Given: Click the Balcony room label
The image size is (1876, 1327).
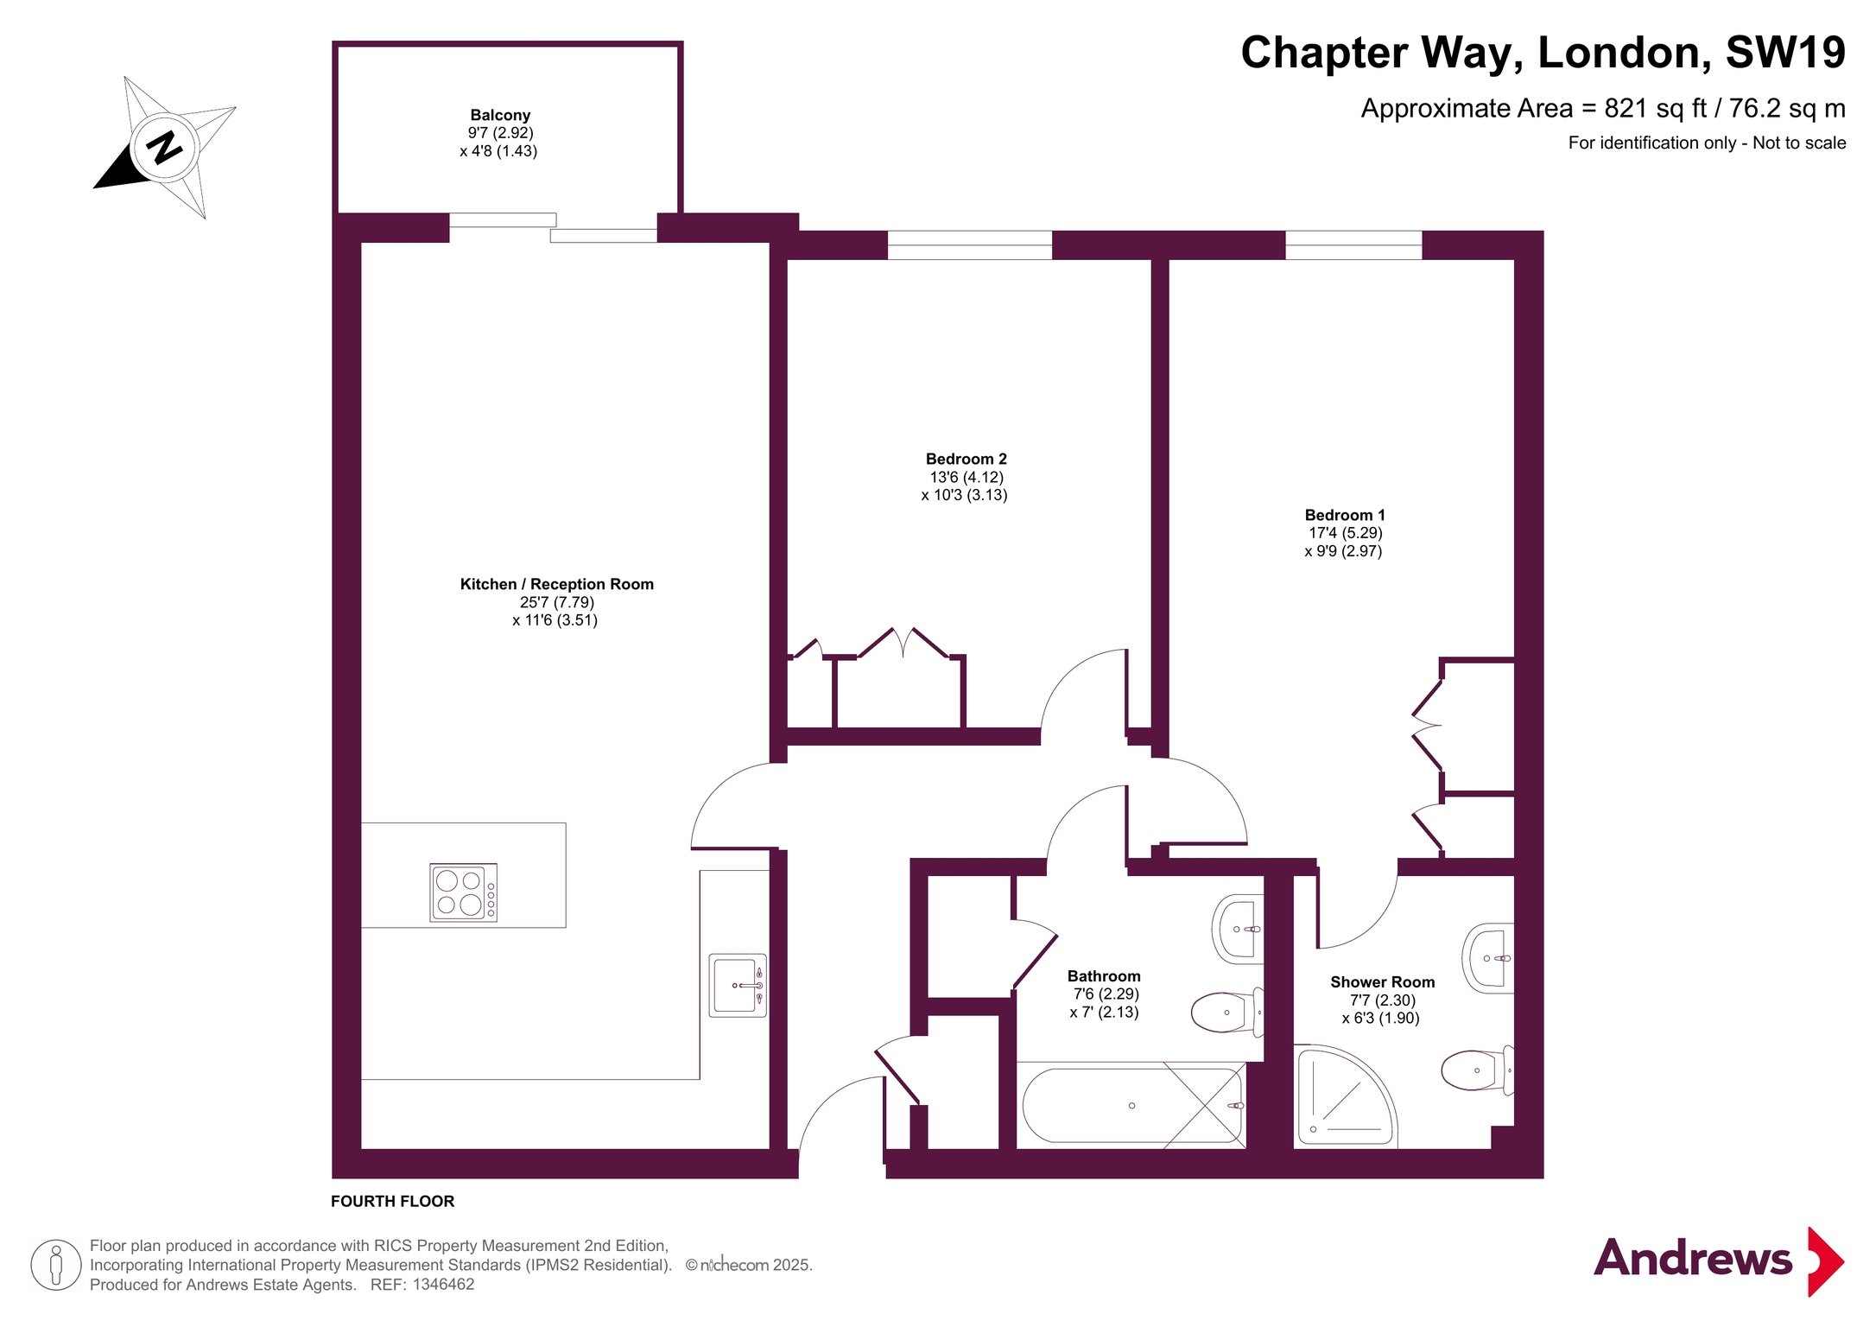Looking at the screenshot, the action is (x=500, y=115).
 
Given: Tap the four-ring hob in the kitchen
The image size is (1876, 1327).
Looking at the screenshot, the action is (x=464, y=892).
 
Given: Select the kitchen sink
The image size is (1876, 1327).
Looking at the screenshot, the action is (x=738, y=985).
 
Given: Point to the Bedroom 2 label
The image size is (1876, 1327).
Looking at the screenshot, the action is (x=966, y=459).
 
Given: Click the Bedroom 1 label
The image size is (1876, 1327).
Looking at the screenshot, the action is (x=1345, y=515).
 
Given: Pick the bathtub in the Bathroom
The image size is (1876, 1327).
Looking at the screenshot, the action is (x=1132, y=1106).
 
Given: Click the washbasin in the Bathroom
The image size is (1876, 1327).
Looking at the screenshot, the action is (x=1238, y=929).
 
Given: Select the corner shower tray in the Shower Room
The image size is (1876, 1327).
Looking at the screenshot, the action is (x=1345, y=1095).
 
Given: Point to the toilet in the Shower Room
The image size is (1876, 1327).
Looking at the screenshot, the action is (x=1478, y=1070).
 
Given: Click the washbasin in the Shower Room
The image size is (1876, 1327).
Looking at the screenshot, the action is (x=1488, y=958).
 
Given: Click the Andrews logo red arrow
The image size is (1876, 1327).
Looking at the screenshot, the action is (x=1826, y=1261).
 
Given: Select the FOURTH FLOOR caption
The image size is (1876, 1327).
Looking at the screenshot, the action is (x=392, y=1201).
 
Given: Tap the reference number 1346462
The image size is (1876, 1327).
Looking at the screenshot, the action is (x=443, y=1285).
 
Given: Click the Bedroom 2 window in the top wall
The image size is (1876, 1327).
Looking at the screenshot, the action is (x=970, y=245).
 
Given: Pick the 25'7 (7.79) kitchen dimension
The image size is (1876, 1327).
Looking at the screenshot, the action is (x=556, y=602).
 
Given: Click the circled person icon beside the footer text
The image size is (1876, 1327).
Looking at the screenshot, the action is (x=56, y=1265).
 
